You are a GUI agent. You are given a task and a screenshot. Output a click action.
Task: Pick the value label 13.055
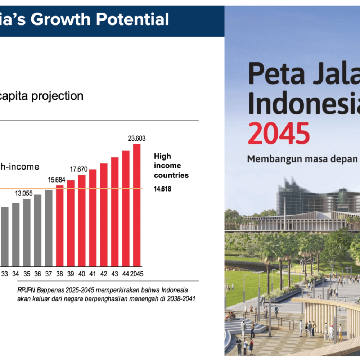(x=24, y=193)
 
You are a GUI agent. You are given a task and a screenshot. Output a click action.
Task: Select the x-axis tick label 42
(x=104, y=274)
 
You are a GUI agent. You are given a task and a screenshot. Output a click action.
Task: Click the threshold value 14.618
(x=162, y=189)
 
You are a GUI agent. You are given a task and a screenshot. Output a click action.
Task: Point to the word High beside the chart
(x=162, y=156)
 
